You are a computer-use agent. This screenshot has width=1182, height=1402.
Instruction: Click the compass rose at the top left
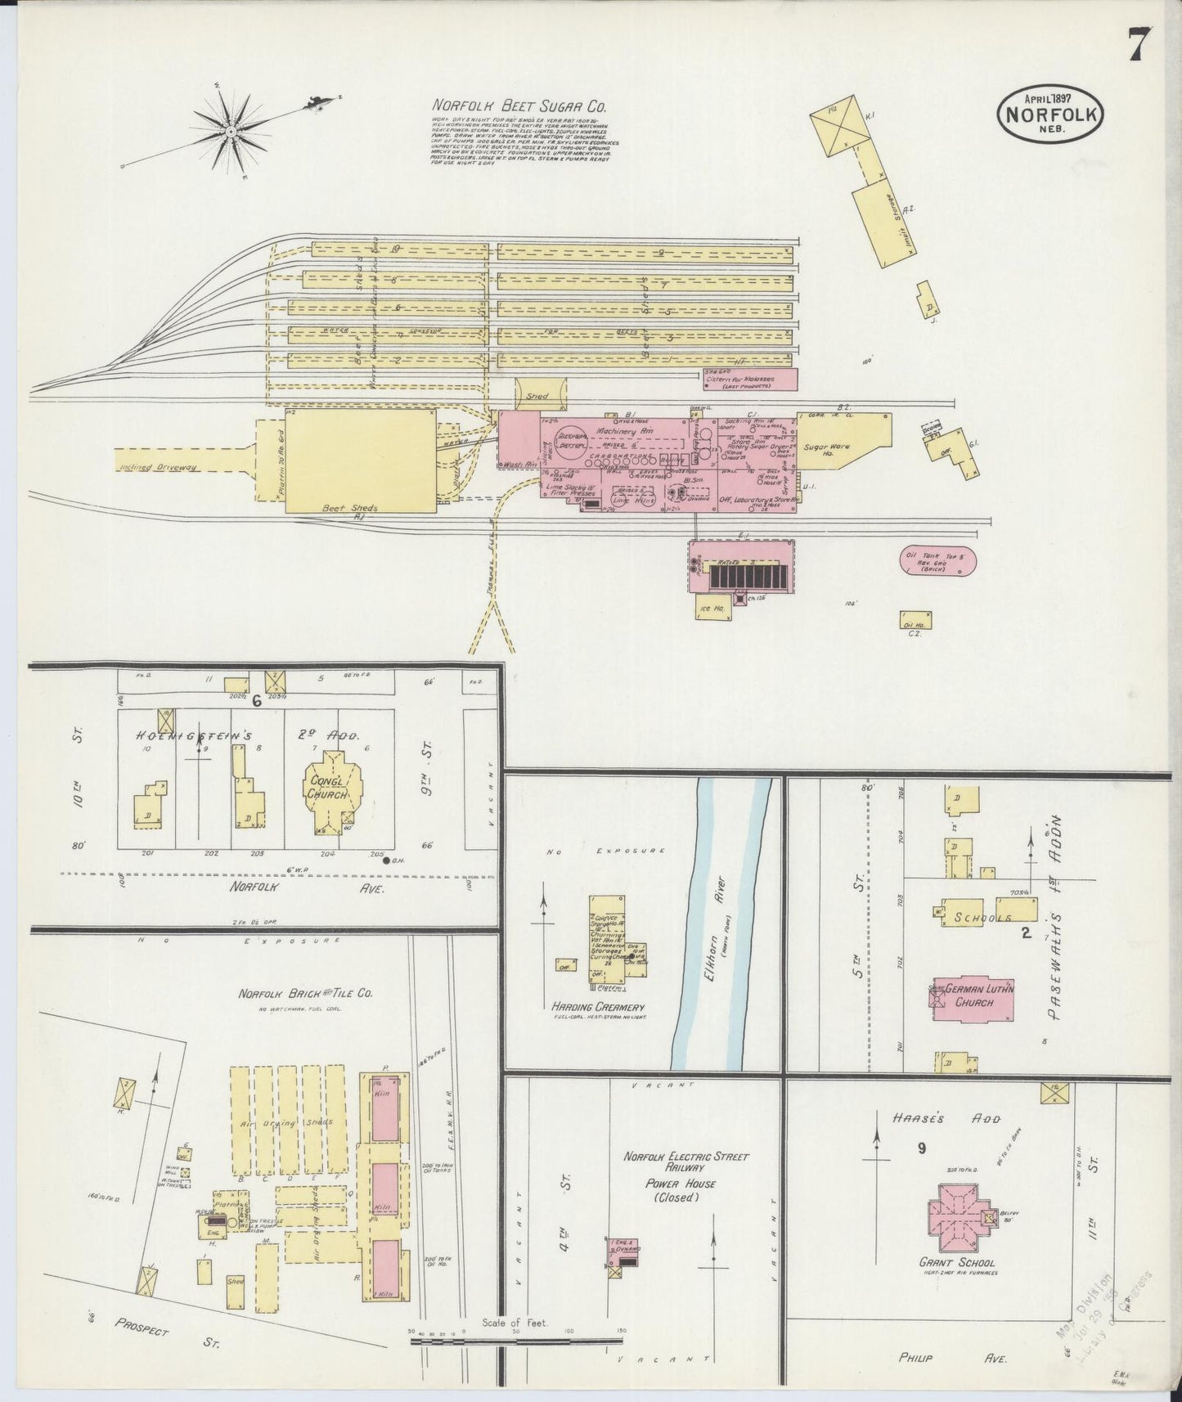coord(231,131)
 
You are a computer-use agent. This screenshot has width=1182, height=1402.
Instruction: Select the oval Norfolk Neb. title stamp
coord(1050,115)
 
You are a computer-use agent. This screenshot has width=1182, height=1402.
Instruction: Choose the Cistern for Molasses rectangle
coord(750,379)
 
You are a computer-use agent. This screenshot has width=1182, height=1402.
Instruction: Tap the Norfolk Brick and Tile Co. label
coord(305,994)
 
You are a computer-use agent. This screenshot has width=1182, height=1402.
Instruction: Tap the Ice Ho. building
coord(705,608)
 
